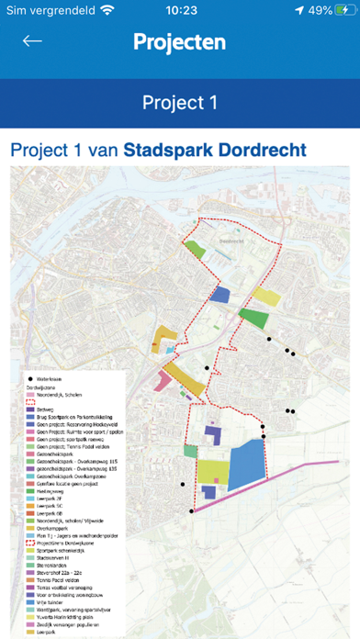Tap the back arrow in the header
pos(33,41)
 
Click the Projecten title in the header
pos(179,42)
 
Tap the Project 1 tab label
pos(179,102)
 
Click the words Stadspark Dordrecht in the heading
pos(215,149)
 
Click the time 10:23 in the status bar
pos(179,11)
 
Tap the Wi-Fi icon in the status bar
pos(107,11)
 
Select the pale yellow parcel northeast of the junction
pos(265,296)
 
